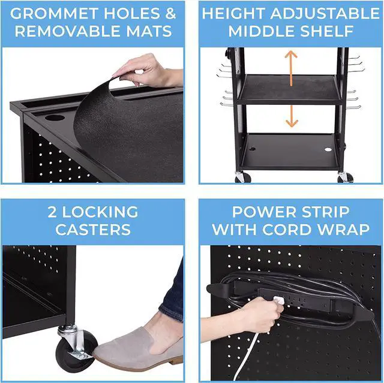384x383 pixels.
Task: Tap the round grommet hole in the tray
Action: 55,117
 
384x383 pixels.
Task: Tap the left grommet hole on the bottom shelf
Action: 252,149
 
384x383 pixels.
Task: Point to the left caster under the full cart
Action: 243,177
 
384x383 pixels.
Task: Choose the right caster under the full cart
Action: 345,177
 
